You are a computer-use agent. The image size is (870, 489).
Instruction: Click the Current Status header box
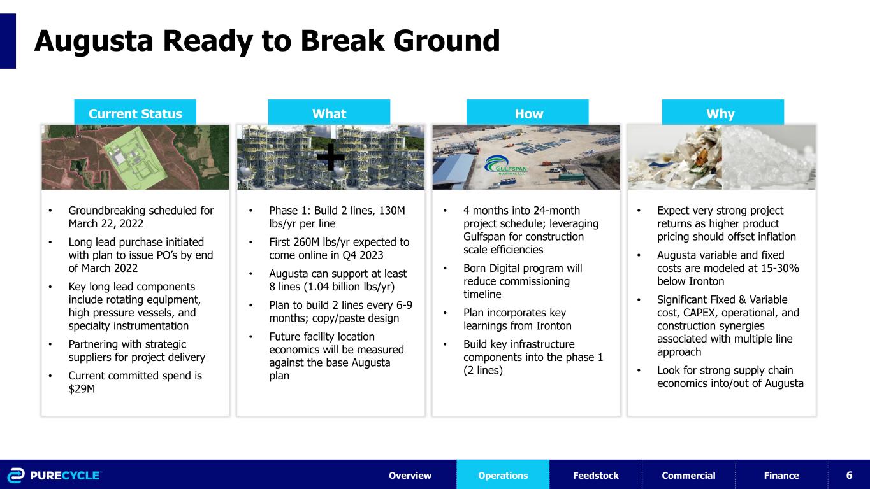pos(135,112)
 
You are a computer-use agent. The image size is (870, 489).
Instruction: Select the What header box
pos(329,112)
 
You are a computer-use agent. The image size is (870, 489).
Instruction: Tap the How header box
pos(528,112)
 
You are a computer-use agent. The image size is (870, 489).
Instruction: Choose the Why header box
pos(723,112)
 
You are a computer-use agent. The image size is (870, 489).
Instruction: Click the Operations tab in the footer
pos(503,474)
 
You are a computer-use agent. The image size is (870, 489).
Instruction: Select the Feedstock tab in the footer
pos(596,474)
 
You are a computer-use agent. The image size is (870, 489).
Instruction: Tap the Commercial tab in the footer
pos(688,474)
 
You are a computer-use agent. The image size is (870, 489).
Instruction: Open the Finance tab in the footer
pos(781,474)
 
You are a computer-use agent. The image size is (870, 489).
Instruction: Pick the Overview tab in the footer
pos(410,474)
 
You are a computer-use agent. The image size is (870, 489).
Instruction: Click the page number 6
pos(849,475)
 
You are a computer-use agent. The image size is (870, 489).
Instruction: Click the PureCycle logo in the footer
pos(54,476)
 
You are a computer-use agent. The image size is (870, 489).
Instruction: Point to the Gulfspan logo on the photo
pos(505,166)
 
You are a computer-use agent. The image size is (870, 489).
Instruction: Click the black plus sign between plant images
pos(331,157)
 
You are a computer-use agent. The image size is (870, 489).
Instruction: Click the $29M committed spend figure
pos(82,389)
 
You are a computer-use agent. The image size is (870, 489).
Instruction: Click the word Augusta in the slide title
pos(94,42)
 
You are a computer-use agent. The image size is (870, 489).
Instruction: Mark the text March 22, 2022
pos(106,224)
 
